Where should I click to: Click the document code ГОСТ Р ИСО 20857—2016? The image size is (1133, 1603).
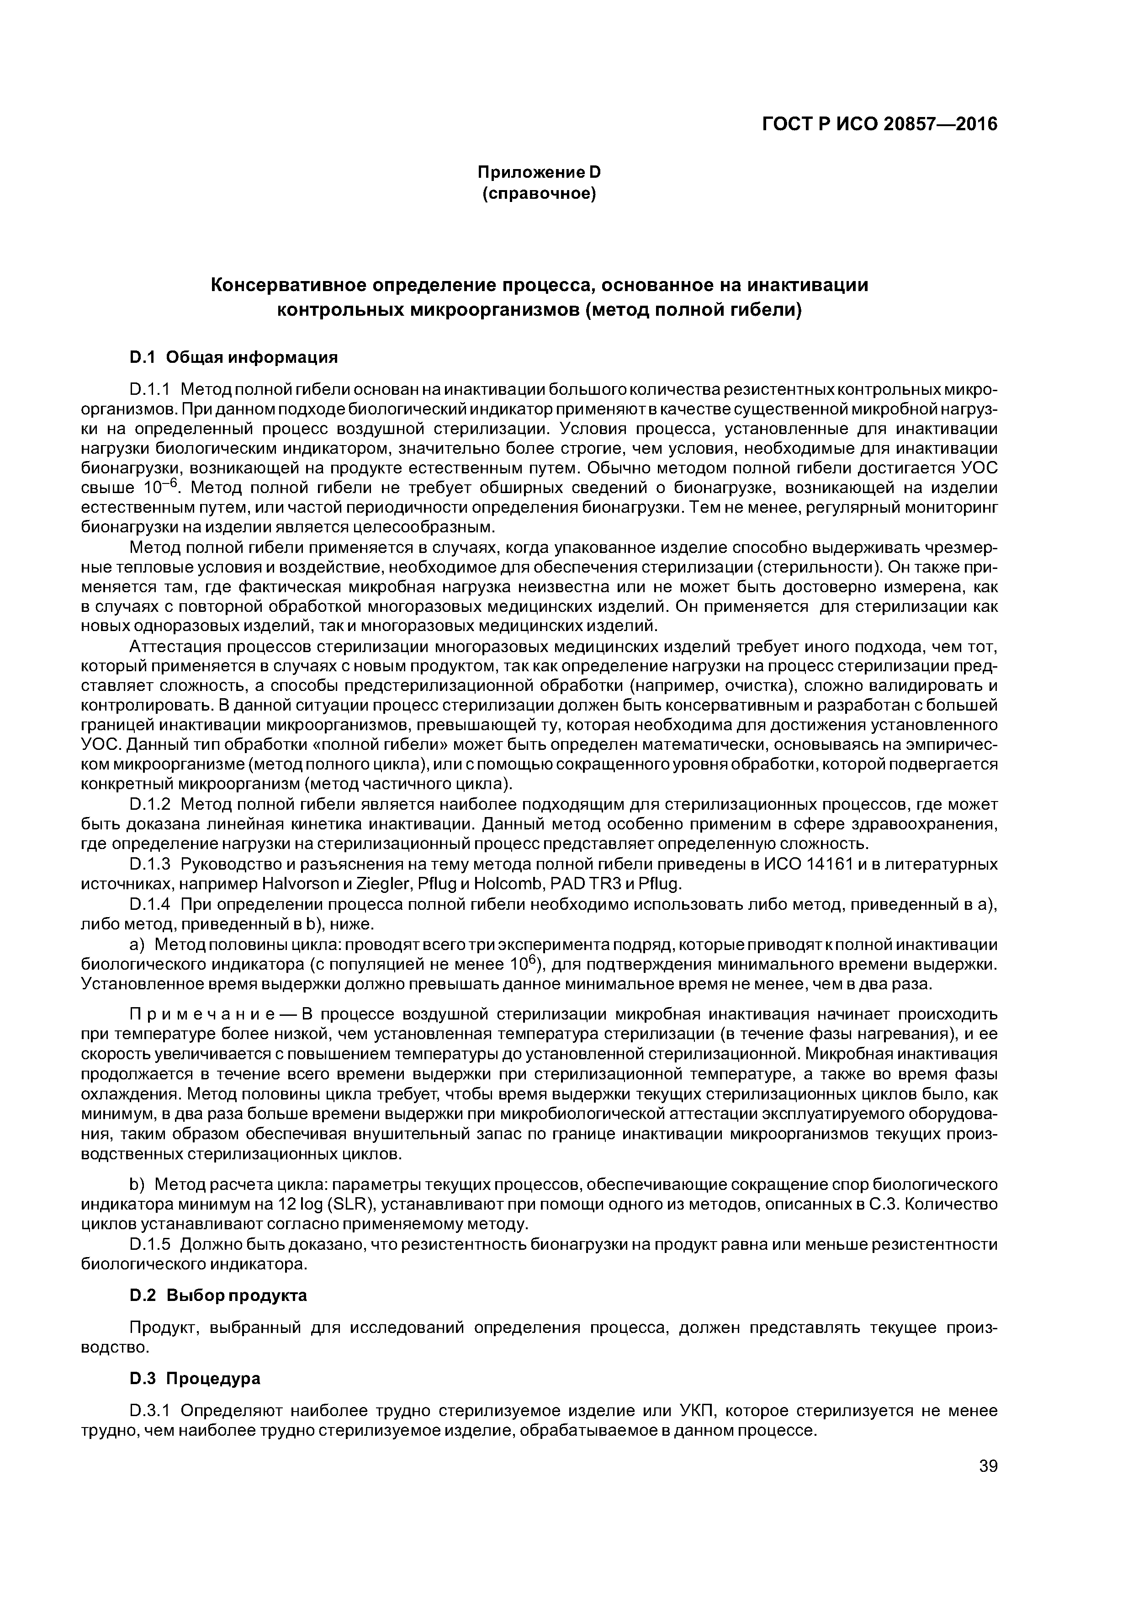point(879,124)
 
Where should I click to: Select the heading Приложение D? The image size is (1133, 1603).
point(539,172)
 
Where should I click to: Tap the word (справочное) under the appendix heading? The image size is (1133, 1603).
point(539,193)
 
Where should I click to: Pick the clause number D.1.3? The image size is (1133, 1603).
point(149,865)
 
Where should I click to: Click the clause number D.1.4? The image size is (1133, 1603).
point(149,905)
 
